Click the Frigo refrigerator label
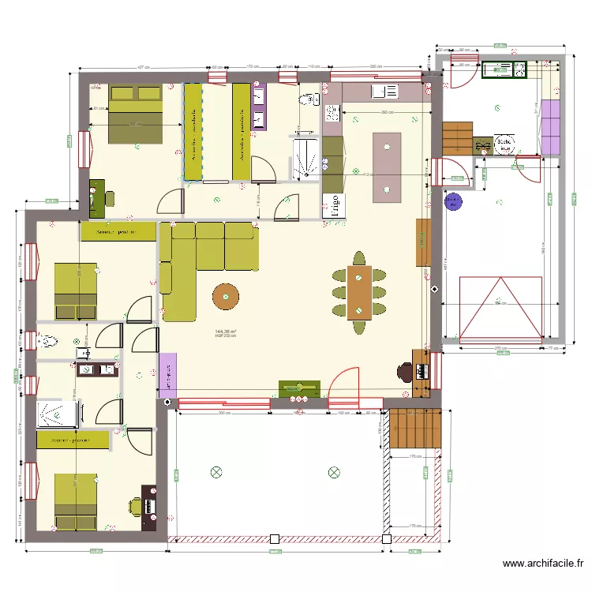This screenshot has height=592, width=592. pos(335,205)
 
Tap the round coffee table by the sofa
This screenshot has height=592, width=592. pos(227,296)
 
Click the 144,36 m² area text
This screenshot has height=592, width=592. pos(227,332)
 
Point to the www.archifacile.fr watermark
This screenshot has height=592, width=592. pos(543,564)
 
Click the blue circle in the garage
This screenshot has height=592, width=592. pos(454,203)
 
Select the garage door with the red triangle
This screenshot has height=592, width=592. pos(501,307)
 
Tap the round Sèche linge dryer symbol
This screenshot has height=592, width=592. pos(503,144)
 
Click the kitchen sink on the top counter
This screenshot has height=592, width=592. pos(386,92)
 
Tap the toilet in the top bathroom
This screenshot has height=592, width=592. pos(307,99)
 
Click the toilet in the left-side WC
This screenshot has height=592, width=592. pos(48,341)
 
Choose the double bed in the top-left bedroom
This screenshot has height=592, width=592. pos(136,114)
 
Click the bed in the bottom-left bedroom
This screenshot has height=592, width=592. pos(76,501)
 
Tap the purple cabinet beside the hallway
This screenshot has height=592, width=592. pos(167,373)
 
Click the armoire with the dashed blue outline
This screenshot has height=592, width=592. pos(193,131)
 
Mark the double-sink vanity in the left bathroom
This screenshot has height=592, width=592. pos(96,369)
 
